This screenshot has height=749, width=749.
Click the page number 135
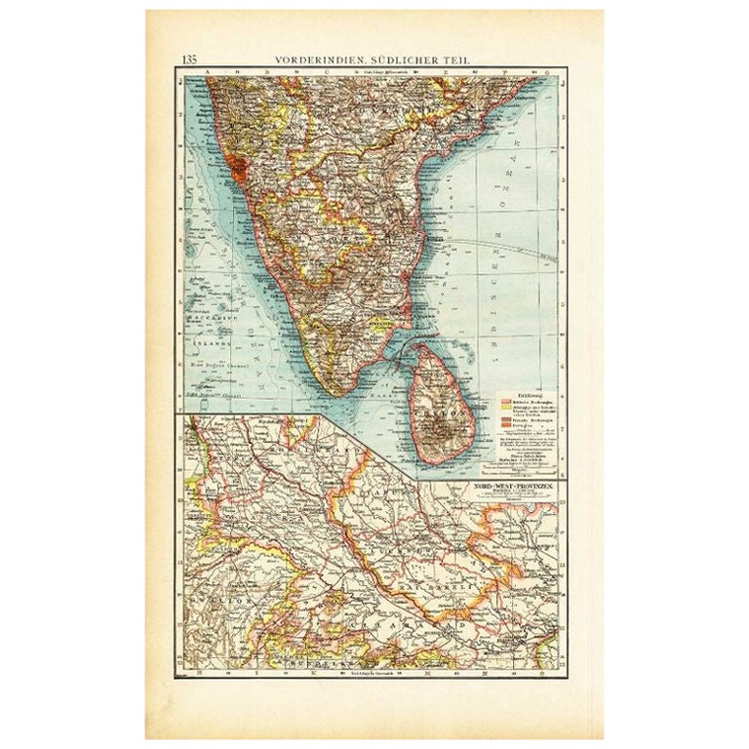coord(188,59)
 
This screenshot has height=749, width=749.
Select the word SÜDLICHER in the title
coord(409,59)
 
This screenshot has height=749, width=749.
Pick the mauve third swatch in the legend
coord(505,419)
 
